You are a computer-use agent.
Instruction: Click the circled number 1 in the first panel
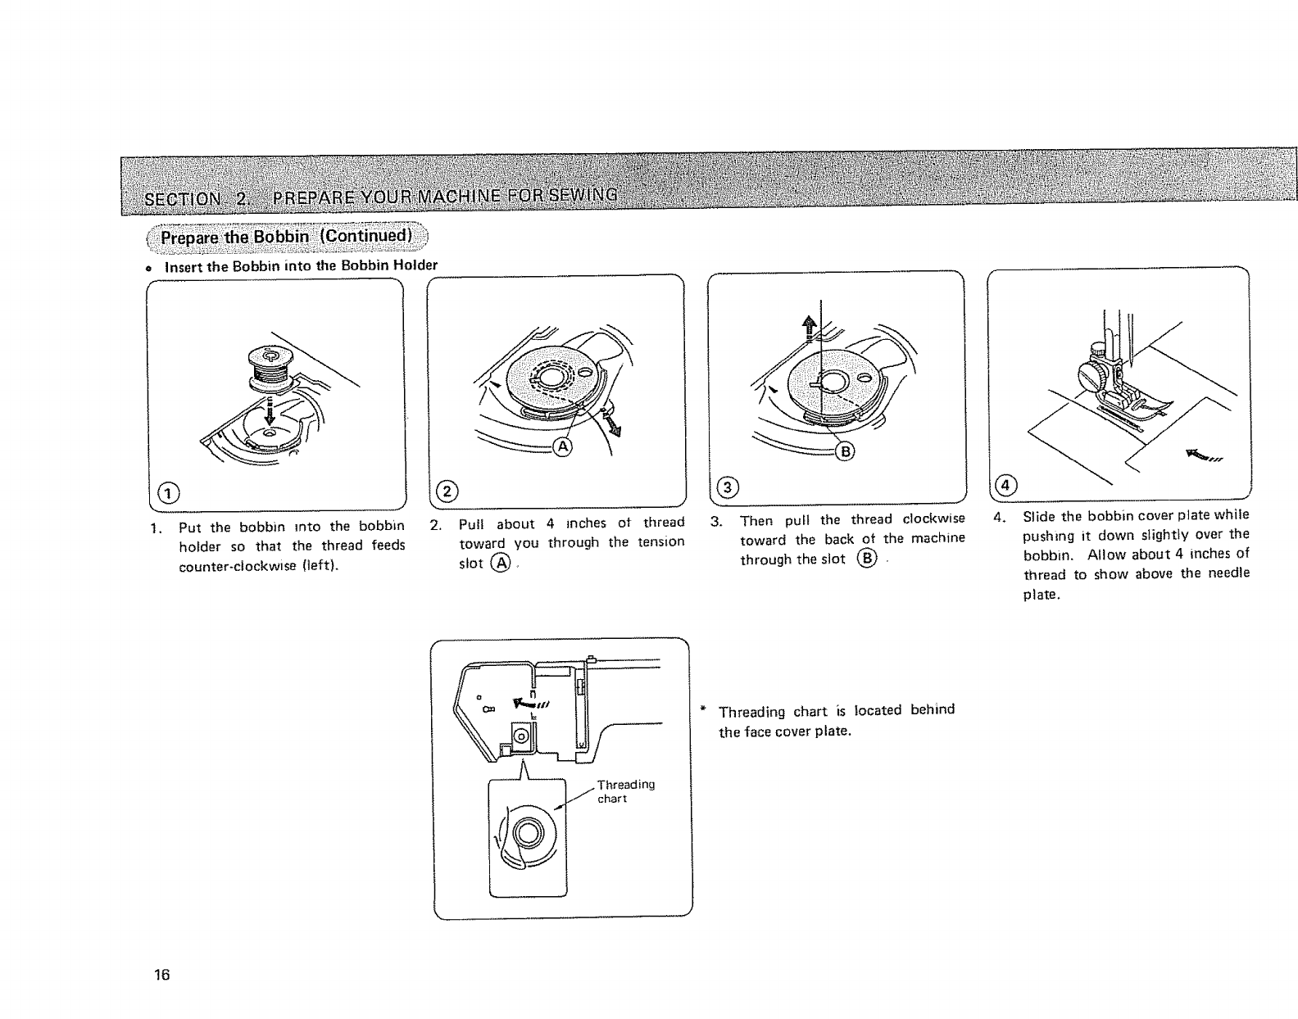point(168,492)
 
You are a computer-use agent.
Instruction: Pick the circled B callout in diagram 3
point(844,449)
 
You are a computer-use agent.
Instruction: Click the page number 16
point(161,975)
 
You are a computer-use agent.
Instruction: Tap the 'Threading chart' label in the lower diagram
point(625,791)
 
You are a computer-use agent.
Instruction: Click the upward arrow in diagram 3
point(810,328)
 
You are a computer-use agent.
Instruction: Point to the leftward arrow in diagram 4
point(1203,455)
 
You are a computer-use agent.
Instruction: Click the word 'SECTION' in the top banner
point(182,199)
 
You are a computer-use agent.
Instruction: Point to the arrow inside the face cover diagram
point(528,702)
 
